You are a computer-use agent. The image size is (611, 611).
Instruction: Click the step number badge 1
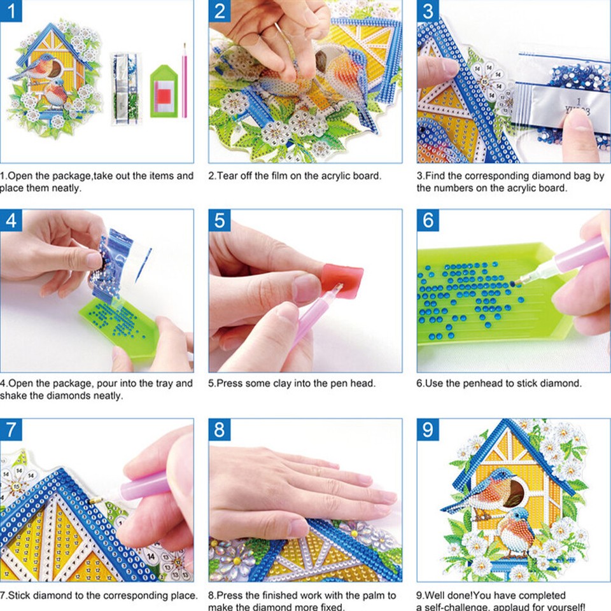[x=11, y=11]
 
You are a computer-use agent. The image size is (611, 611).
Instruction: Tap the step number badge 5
[x=220, y=220]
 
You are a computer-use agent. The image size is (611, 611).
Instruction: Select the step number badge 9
[x=428, y=429]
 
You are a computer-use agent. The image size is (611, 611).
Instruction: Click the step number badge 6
[x=428, y=220]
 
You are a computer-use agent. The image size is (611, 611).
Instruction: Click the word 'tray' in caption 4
[x=163, y=384]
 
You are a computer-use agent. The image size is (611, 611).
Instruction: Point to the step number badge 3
[x=428, y=11]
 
